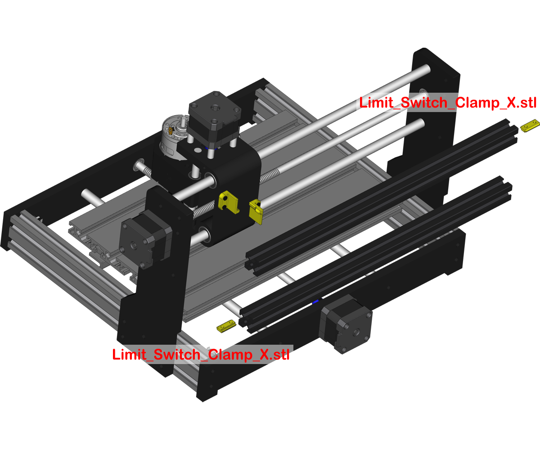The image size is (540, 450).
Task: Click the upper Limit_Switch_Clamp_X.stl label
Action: [x=448, y=103]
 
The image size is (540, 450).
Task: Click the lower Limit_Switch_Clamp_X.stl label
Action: [x=201, y=355]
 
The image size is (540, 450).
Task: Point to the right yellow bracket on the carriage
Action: [x=256, y=211]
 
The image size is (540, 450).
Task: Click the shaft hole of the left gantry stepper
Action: [x=134, y=246]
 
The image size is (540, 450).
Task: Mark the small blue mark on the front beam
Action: [x=317, y=301]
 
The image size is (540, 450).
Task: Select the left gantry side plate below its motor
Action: [x=153, y=315]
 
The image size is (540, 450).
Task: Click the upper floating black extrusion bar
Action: [x=382, y=193]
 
